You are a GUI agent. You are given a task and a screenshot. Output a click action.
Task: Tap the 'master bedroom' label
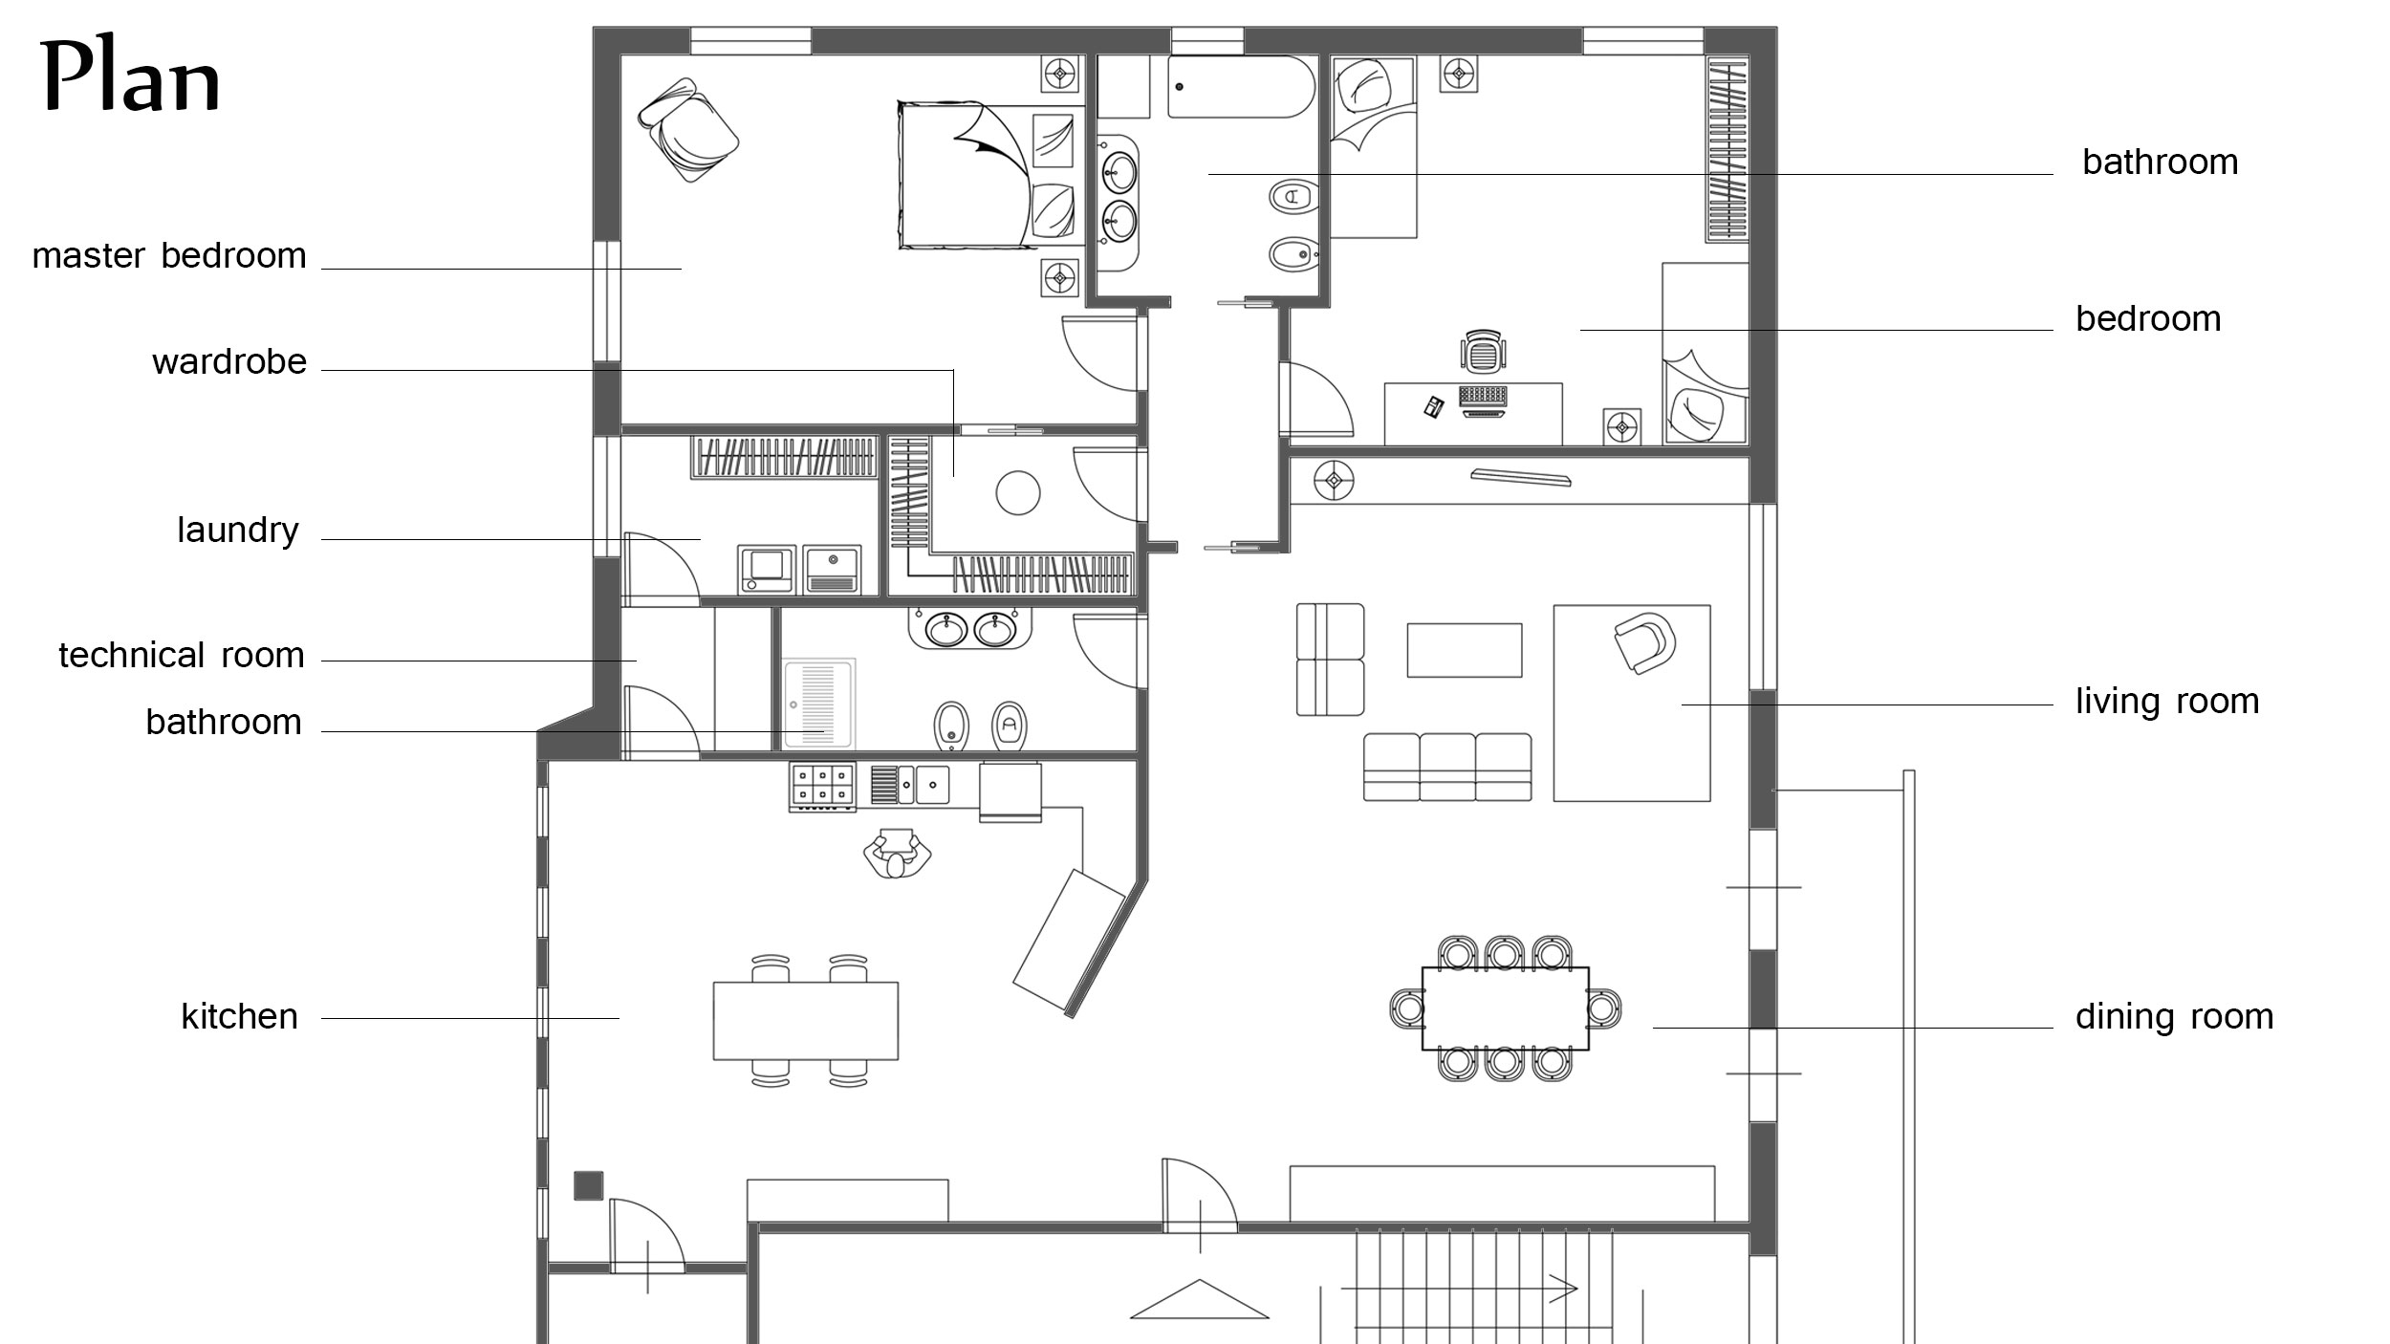pyautogui.click(x=169, y=256)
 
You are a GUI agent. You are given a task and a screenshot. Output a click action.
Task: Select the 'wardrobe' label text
pyautogui.click(x=229, y=361)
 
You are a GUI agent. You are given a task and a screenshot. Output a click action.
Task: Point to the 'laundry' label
pyautogui.click(x=238, y=531)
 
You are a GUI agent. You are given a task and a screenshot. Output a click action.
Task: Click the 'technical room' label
pyautogui.click(x=182, y=655)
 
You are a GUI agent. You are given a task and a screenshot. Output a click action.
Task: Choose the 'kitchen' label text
pyautogui.click(x=240, y=1016)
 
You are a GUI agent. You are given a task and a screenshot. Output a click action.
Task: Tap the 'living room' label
pyautogui.click(x=2167, y=702)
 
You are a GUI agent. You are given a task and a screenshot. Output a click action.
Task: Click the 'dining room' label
pyautogui.click(x=2174, y=1016)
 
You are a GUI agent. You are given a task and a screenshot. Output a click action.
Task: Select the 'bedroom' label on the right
pyautogui.click(x=2148, y=318)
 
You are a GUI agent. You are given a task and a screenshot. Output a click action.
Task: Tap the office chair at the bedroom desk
pyautogui.click(x=1482, y=351)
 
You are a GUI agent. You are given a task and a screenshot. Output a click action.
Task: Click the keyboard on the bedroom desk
pyautogui.click(x=1483, y=395)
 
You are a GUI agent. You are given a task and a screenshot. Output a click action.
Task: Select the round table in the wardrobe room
pyautogui.click(x=1017, y=493)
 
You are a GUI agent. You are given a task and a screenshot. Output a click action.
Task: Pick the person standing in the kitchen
pyautogui.click(x=897, y=853)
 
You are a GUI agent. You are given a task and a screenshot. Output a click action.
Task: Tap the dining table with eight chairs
pyautogui.click(x=1505, y=1008)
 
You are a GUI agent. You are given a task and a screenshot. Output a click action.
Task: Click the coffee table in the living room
pyautogui.click(x=1465, y=650)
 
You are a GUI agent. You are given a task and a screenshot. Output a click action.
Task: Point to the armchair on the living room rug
pyautogui.click(x=1644, y=642)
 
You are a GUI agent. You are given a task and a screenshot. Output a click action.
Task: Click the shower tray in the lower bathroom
pyautogui.click(x=818, y=703)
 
